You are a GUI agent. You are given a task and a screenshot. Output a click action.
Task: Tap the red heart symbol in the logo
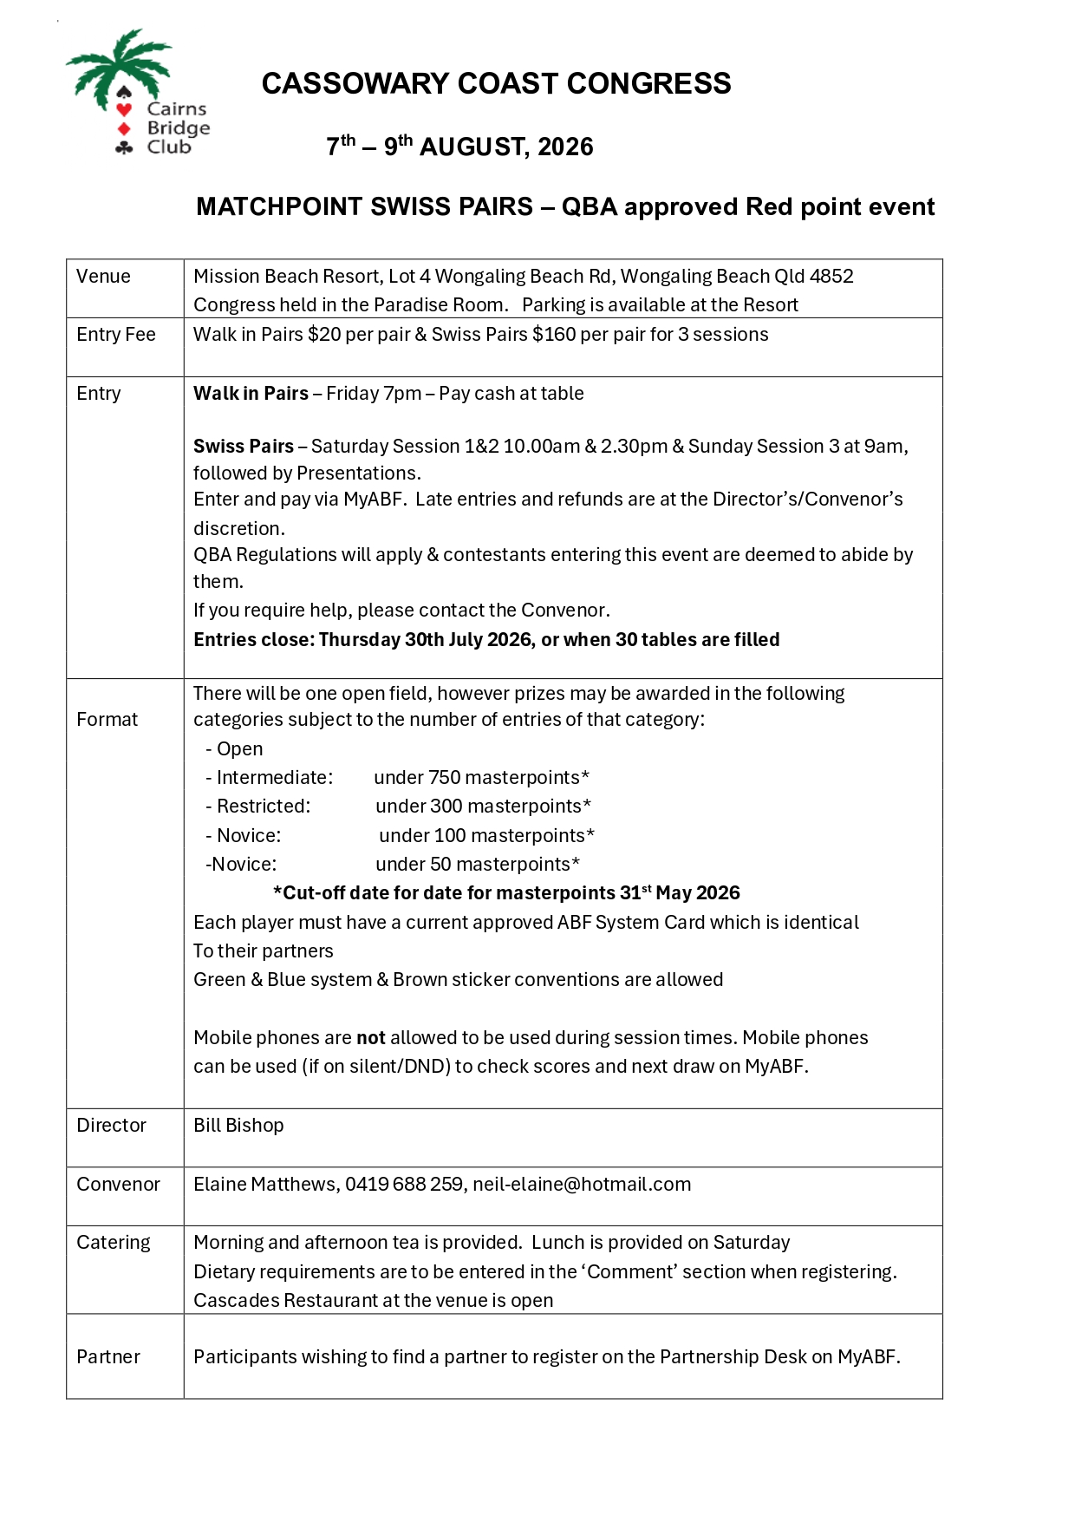(x=124, y=109)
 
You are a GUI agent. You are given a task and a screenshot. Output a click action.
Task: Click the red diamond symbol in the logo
(x=124, y=128)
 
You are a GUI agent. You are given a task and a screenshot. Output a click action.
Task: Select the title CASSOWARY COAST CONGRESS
(x=496, y=83)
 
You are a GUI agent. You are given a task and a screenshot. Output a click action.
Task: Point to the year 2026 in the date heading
(x=565, y=147)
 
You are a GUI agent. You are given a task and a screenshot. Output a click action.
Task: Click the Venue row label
(x=103, y=277)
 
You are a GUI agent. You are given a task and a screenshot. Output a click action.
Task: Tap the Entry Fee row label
(x=116, y=335)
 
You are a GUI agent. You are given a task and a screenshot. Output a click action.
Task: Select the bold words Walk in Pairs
(x=251, y=394)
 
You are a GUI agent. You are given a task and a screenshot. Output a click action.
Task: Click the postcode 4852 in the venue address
(x=831, y=277)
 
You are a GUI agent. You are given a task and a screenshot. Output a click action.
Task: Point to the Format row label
(x=107, y=720)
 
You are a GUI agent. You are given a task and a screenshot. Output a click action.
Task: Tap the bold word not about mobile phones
(x=371, y=1038)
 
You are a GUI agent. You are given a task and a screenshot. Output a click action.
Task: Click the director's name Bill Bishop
(x=238, y=1126)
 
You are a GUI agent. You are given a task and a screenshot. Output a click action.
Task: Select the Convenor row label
(x=118, y=1185)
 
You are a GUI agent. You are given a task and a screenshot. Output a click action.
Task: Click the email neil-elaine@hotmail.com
(x=582, y=1185)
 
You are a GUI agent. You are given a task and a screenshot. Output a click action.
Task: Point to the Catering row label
(x=114, y=1243)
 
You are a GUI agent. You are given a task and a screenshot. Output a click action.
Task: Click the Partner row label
(x=108, y=1357)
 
